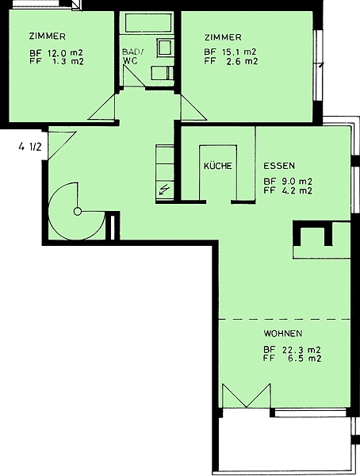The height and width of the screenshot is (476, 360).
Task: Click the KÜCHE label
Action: [x=217, y=166]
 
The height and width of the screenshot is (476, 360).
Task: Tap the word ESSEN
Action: [x=279, y=166]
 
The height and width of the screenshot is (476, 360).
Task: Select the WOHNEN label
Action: [x=283, y=333]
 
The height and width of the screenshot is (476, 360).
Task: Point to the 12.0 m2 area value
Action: [x=65, y=53]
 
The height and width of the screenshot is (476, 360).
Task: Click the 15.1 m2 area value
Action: [x=239, y=52]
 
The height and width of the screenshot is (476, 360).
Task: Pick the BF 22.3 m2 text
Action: [x=292, y=350]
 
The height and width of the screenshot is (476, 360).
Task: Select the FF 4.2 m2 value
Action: [x=288, y=190]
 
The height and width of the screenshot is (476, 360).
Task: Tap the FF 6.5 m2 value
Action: [x=292, y=359]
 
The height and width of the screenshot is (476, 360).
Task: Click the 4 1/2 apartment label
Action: [x=29, y=147]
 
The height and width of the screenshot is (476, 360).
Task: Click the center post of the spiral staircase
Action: [x=78, y=211]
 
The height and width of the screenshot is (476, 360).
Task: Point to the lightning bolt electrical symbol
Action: [x=164, y=190]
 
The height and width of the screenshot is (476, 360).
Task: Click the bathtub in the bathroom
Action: [x=149, y=22]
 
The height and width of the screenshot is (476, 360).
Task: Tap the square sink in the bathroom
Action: [x=165, y=47]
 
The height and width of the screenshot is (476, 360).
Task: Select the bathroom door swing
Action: [x=134, y=76]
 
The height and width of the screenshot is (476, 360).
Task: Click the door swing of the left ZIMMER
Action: [x=101, y=107]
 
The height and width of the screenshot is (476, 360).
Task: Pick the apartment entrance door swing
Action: [x=62, y=145]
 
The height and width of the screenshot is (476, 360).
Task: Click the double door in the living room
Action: [x=247, y=396]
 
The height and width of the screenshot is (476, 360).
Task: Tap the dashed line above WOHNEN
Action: [x=284, y=319]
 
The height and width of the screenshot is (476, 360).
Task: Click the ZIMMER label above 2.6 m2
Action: [x=223, y=37]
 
